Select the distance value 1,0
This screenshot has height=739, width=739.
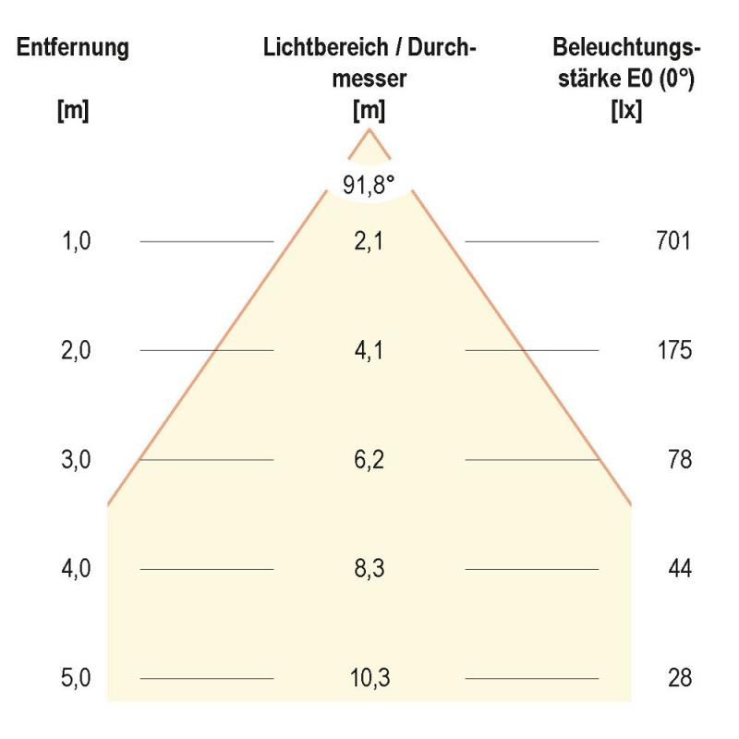tap(77, 242)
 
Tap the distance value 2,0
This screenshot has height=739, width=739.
tap(77, 351)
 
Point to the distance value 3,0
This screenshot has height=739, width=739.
tap(77, 460)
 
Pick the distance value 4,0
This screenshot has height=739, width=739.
tap(77, 569)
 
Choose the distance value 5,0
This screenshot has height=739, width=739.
tap(77, 678)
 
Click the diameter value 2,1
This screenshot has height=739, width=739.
tap(369, 242)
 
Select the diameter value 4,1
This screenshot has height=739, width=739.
tap(369, 351)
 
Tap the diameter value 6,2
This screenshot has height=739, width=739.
tap(369, 460)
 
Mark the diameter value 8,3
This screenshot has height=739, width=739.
tap(369, 569)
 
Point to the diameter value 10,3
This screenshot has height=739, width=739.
tap(369, 678)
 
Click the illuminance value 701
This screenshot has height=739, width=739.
tap(672, 242)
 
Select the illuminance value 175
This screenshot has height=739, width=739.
tap(672, 351)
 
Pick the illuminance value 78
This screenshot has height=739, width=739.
tap(679, 460)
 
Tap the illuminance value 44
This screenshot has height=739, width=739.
tap(679, 569)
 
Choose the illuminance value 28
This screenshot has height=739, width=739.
tap(679, 678)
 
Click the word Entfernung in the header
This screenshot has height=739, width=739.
tap(73, 48)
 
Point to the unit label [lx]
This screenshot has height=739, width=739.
tap(627, 112)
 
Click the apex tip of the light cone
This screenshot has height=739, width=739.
tap(369, 129)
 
